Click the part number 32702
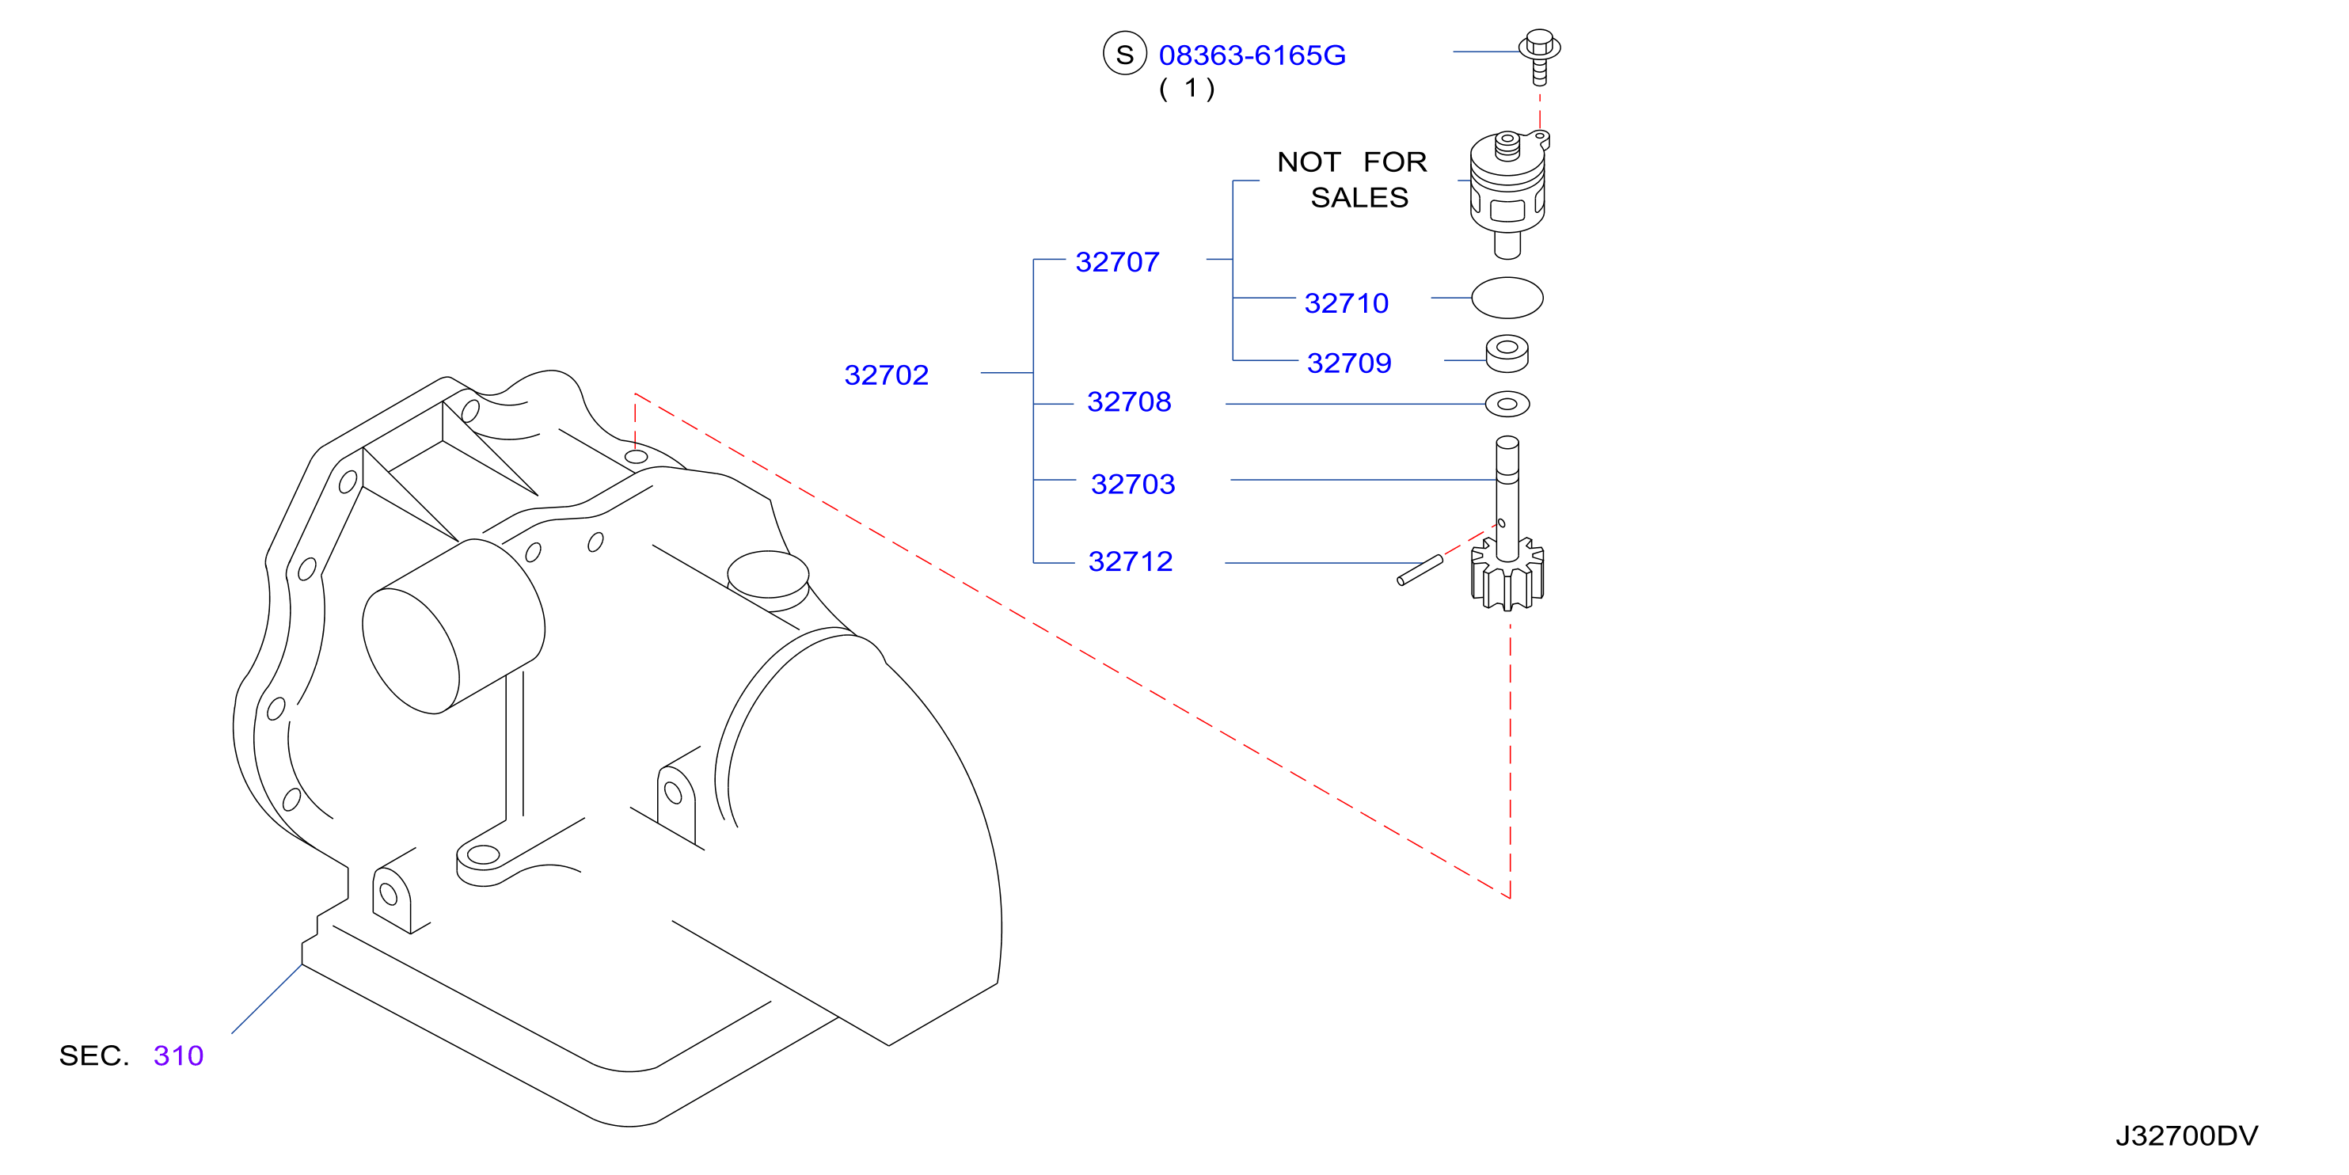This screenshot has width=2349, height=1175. (x=887, y=375)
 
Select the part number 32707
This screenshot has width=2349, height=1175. (x=1117, y=263)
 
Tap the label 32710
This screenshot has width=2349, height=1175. (x=1346, y=303)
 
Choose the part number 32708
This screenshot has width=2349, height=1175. (x=1129, y=402)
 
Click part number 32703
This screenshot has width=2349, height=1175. (x=1133, y=485)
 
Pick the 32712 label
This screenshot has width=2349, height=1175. (x=1130, y=562)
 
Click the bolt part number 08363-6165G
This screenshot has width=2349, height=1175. (x=1252, y=55)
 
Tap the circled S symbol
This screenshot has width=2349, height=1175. (x=1124, y=54)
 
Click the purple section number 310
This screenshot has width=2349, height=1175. (x=179, y=1055)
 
